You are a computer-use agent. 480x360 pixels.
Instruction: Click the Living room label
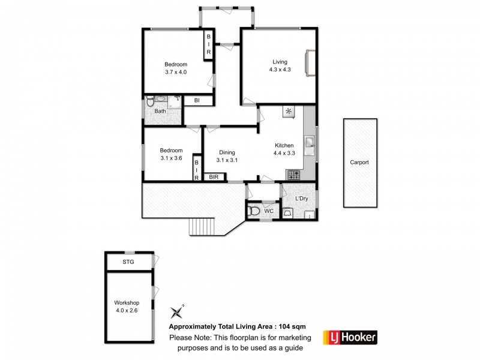pos(280,62)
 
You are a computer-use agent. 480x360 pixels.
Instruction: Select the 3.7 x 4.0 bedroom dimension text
pos(176,73)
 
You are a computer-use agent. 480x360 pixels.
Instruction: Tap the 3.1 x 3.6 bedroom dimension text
pos(171,158)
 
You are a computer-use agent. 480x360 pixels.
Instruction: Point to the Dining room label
pos(226,152)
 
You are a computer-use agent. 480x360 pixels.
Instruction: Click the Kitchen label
pos(284,145)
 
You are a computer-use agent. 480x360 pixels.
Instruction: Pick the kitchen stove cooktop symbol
pos(293,175)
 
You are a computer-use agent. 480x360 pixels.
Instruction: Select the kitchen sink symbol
pos(309,143)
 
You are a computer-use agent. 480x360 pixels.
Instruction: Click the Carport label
pos(359,162)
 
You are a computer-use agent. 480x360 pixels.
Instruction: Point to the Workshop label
pos(127,302)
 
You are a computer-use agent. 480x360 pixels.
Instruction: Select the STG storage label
pos(128,263)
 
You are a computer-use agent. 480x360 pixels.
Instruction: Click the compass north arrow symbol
pos(177,310)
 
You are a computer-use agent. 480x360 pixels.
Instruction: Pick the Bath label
pos(160,111)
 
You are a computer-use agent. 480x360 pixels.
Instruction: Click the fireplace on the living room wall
pos(309,63)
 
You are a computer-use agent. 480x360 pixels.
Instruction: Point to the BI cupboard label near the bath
pos(196,101)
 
